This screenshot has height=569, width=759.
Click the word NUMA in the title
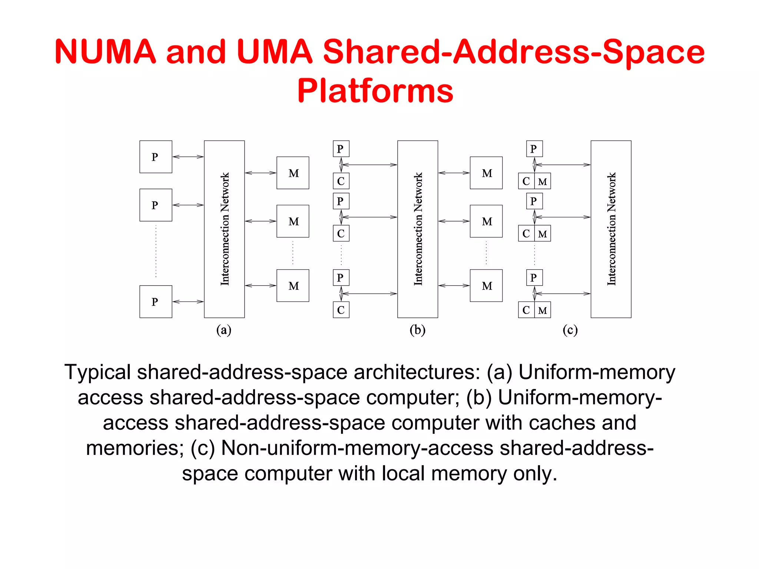[105, 51]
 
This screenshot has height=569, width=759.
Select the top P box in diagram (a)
[156, 157]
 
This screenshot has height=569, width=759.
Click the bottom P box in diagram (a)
[156, 302]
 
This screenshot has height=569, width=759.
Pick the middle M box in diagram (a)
[293, 221]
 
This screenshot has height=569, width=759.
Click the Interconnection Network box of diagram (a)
[224, 229]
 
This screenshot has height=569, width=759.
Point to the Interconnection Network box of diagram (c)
[611, 229]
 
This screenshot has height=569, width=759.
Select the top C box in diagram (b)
[341, 181]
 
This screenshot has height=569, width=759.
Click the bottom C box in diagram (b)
[341, 310]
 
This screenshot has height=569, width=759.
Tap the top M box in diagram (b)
[486, 173]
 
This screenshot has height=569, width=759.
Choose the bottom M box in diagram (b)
[486, 286]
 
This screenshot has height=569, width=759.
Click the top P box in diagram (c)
[534, 149]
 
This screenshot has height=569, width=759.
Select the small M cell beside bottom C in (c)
[543, 310]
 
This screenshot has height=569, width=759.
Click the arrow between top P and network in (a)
[188, 157]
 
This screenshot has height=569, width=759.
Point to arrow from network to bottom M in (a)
[261, 286]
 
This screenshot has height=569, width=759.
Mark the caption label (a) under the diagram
[224, 330]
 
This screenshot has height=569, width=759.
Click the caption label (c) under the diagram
[570, 330]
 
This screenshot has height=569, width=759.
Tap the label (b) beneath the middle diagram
[417, 330]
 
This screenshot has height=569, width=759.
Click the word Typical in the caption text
[97, 372]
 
